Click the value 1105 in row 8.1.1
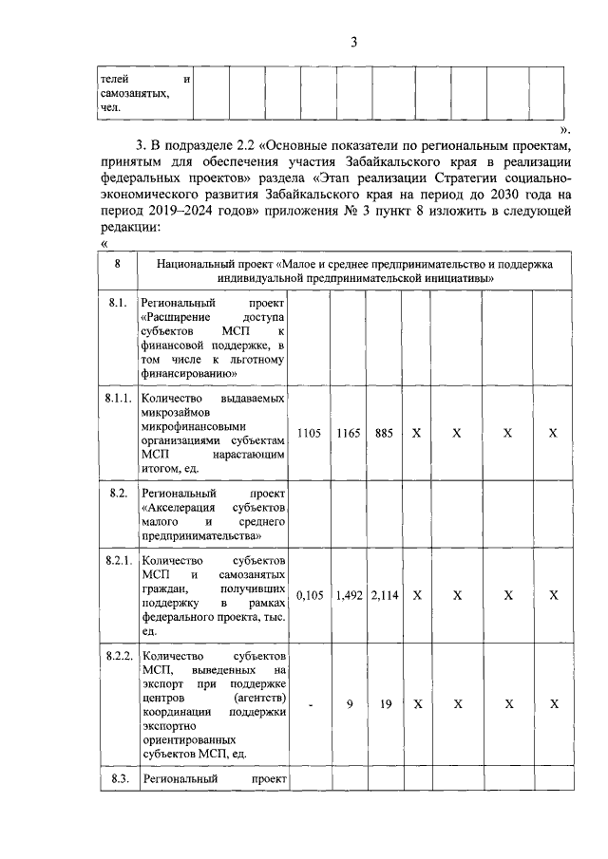309,433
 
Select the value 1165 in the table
349,433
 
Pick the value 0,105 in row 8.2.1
310,595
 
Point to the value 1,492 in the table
349,595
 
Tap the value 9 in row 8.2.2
349,705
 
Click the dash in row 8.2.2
310,705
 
